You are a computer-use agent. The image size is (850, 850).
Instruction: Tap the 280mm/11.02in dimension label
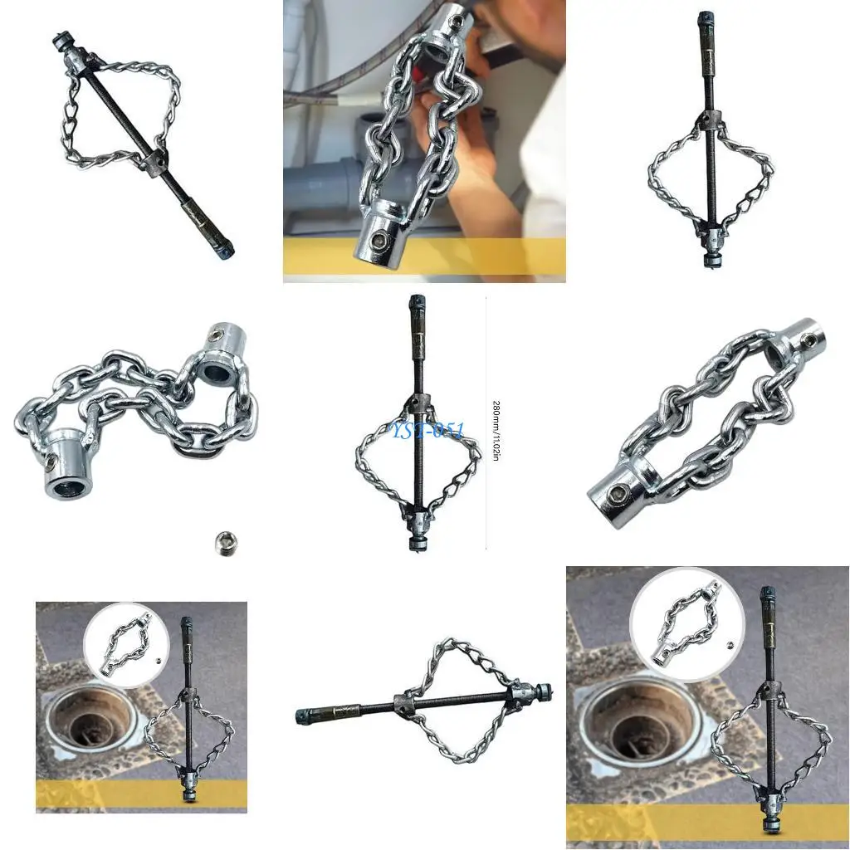coord(496,431)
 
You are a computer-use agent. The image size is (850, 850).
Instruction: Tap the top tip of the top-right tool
coord(706,17)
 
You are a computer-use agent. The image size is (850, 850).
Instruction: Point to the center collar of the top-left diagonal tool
coord(154,162)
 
